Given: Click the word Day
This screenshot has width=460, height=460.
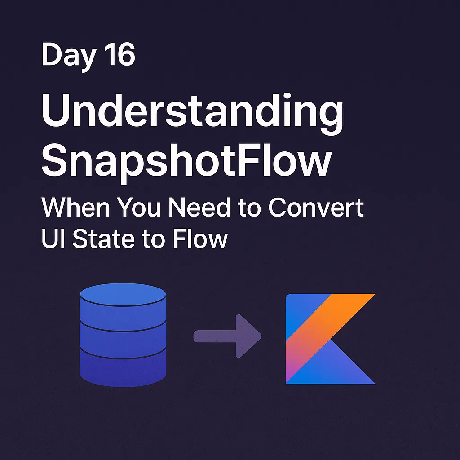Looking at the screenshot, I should pyautogui.click(x=68, y=56).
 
